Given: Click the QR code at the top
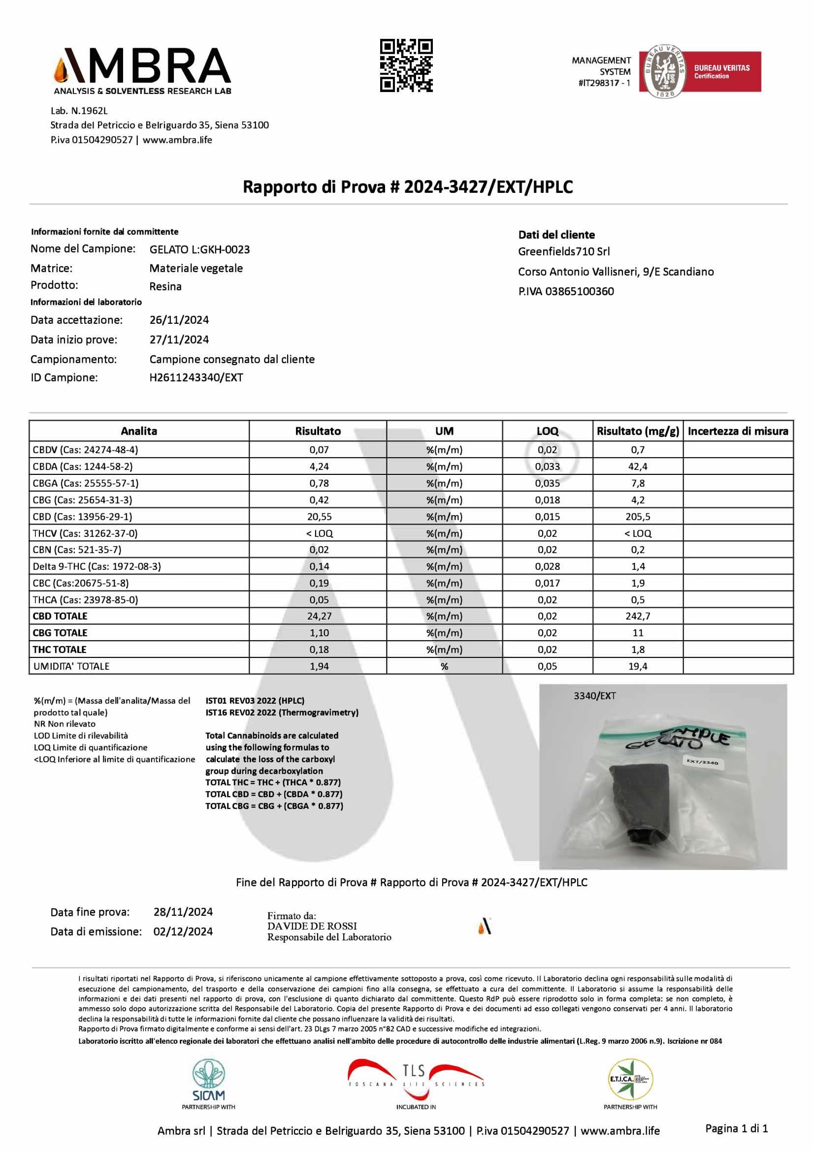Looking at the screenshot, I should pos(406,65).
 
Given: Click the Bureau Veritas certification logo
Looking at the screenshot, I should pos(700,72).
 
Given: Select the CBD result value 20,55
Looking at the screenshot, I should pos(319,516).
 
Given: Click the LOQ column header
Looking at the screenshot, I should pos(547,431).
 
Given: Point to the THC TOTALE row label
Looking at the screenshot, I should pos(60,649).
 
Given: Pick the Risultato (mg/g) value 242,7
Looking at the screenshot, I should pos(637,616).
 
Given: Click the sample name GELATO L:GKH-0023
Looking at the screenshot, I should pos(199,249).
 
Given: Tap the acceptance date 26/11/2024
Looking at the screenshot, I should pos(179,320).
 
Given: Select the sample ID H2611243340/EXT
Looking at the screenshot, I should pos(196,377).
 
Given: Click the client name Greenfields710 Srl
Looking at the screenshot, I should pos(564,251).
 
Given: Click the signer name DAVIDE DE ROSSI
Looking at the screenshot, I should pos(312,926).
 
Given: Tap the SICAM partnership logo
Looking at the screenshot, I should pos(209,1084).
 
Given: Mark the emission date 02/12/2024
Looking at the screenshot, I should pos(183,932).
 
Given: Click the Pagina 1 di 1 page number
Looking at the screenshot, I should pos(736,1128).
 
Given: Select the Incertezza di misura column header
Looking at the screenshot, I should pos(738,431).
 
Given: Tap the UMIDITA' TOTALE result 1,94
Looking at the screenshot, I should pos(319,666).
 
